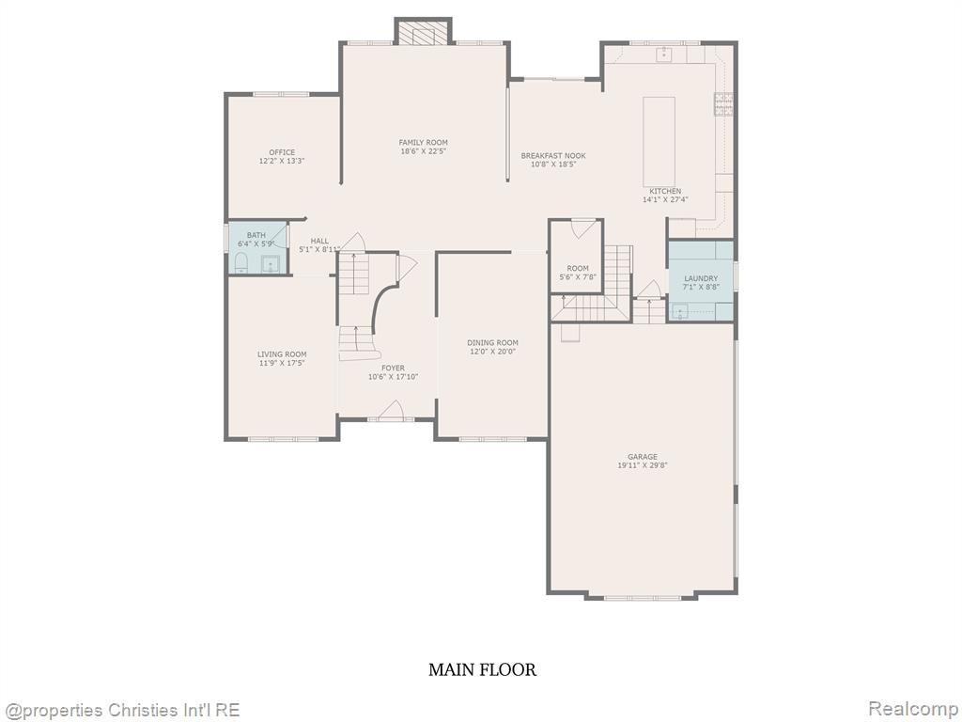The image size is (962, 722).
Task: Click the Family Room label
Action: tap(424, 143)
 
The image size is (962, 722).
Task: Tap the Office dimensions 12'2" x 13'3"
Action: tap(282, 161)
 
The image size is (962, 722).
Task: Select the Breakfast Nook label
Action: tap(553, 156)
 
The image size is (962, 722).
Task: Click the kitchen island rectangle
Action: tap(659, 141)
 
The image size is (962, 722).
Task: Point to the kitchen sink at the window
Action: tap(664, 55)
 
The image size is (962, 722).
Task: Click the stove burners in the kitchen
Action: tap(724, 103)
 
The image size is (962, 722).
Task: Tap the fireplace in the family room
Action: tap(424, 32)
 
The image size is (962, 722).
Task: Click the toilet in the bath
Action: tap(240, 262)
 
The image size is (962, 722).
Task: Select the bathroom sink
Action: tap(270, 264)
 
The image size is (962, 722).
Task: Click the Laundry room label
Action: tap(701, 278)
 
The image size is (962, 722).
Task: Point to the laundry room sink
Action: tap(679, 312)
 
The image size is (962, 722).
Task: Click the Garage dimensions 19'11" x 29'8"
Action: tap(643, 465)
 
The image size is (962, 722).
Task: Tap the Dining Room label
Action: tap(492, 342)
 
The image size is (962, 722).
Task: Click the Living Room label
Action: tap(282, 354)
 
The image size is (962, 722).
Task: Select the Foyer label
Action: tap(394, 369)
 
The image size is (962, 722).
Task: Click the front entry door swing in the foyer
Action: tap(391, 410)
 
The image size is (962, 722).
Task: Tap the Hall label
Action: tap(319, 242)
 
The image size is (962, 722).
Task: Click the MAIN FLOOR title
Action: tap(482, 669)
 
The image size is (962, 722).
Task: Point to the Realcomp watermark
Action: tap(913, 709)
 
